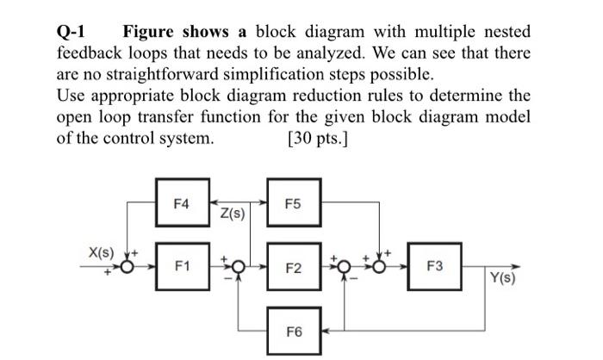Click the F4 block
(183, 202)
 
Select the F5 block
(295, 202)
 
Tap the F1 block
(183, 266)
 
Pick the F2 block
(295, 266)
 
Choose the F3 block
(434, 266)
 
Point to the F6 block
(295, 331)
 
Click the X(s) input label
(102, 252)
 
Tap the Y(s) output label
(502, 277)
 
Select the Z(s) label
(233, 213)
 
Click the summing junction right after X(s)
(127, 266)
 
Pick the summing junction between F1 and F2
(239, 266)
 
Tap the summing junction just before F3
(379, 266)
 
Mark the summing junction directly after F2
(345, 266)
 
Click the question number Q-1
(71, 32)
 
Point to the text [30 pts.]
(317, 139)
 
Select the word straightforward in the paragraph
(162, 74)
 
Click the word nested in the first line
(507, 32)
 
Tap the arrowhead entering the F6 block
(326, 331)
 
